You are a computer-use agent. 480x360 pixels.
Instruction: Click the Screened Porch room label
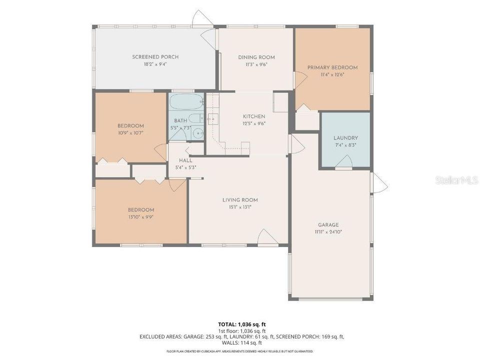click(x=155, y=57)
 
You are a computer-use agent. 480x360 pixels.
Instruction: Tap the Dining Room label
click(x=256, y=57)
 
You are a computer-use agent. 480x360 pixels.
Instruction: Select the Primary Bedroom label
click(x=332, y=67)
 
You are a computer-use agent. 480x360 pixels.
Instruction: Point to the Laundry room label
click(x=345, y=138)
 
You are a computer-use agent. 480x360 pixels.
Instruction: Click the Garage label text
click(x=328, y=225)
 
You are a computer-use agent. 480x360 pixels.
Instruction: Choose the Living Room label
click(x=240, y=200)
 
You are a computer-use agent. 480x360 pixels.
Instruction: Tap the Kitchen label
click(x=254, y=116)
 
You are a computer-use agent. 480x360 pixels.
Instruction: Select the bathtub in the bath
click(x=185, y=102)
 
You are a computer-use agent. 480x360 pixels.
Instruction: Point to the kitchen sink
click(x=212, y=119)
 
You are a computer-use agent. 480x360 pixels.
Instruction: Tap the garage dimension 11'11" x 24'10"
click(x=328, y=232)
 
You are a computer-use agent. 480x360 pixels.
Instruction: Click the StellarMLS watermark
click(x=456, y=180)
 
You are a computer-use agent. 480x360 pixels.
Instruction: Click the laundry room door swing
click(x=343, y=161)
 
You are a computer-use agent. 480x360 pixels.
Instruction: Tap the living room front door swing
click(x=267, y=237)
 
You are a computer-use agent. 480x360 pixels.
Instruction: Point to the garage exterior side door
click(x=379, y=182)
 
